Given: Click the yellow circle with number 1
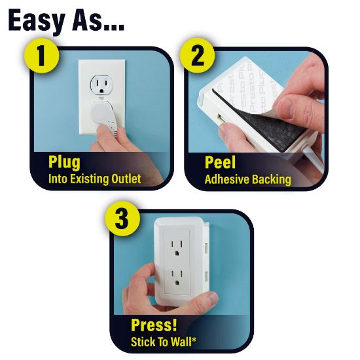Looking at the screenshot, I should (41, 57).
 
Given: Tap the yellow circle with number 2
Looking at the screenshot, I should (197, 57).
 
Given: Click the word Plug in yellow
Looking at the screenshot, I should (63, 162).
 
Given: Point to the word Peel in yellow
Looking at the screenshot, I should (220, 162).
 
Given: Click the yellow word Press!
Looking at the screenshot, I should (154, 325).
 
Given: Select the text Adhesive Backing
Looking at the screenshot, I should (247, 179).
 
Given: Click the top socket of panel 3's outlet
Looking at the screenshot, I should (177, 247).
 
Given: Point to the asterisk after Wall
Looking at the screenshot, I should (198, 338).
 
